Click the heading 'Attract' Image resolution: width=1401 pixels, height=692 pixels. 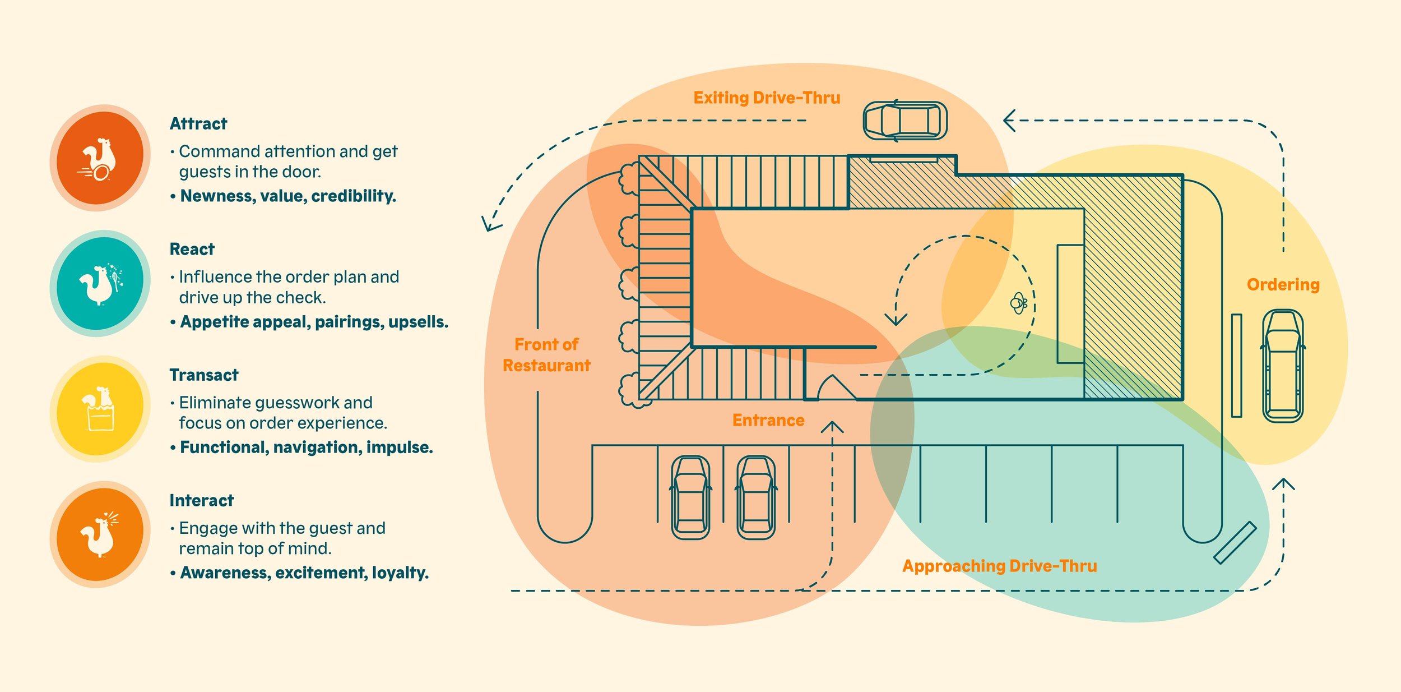[198, 123]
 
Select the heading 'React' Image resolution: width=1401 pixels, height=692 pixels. [192, 249]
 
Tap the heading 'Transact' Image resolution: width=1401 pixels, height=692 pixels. [204, 375]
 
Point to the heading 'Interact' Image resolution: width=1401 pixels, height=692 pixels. [202, 500]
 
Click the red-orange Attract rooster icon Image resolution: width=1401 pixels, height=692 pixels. [100, 158]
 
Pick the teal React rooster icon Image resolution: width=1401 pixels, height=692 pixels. [100, 283]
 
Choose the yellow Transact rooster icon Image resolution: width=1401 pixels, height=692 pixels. [100, 409]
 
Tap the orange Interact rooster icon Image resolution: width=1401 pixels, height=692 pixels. [100, 534]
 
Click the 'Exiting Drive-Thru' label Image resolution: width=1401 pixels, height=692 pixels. [767, 98]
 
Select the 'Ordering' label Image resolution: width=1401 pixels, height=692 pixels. [1283, 284]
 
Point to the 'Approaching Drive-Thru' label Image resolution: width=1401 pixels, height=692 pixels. [999, 566]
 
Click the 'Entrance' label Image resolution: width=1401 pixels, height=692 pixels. [768, 420]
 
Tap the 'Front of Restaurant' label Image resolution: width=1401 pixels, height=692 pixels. [546, 355]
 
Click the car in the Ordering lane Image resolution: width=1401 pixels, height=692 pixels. [1282, 366]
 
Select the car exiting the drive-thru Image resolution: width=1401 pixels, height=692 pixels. [905, 121]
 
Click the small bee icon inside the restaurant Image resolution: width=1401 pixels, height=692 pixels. [1018, 303]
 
